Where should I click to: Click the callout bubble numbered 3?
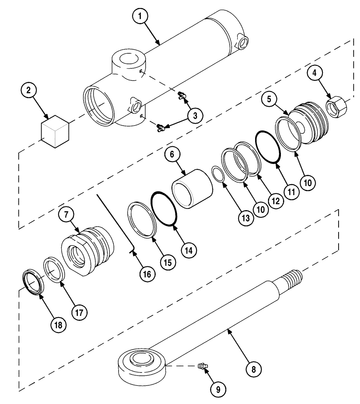(x=195, y=115)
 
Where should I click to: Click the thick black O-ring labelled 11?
(x=268, y=147)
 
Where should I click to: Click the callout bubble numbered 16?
(x=147, y=274)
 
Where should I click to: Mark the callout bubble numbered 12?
(x=274, y=200)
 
